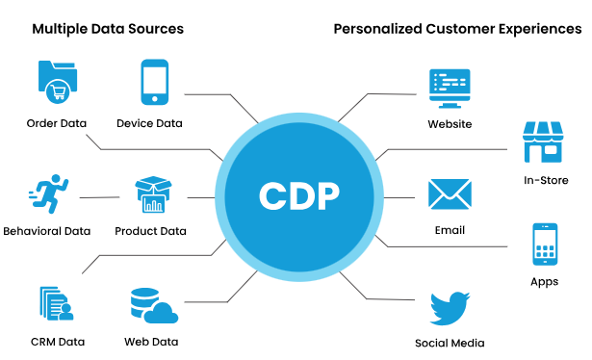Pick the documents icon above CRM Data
tap(56, 304)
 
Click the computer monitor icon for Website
tap(450, 88)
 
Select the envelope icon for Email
tap(450, 194)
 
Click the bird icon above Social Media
tap(450, 310)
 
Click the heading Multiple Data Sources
tap(107, 29)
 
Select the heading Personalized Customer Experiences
tap(457, 29)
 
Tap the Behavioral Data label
tap(47, 231)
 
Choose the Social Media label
tap(450, 343)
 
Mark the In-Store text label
tap(545, 180)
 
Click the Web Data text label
tap(151, 342)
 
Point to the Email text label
tap(450, 230)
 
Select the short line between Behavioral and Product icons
tap(99, 197)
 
